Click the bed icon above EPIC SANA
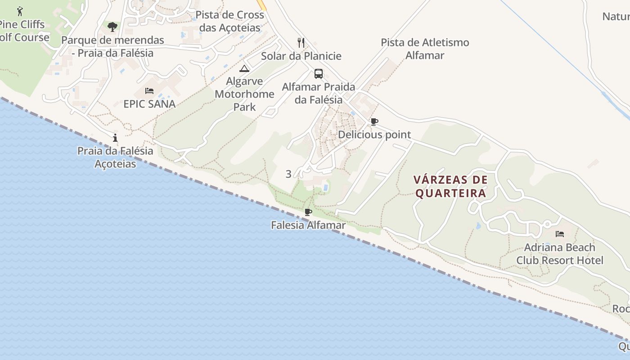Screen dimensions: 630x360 (x=149, y=91)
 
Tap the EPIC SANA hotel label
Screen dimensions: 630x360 (x=149, y=104)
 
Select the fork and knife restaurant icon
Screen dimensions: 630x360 (x=301, y=43)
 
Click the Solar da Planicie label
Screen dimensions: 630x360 (x=301, y=56)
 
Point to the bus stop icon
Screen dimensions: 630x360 (x=319, y=74)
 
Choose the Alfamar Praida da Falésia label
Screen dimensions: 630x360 (x=319, y=93)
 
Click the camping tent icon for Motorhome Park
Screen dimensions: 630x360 (x=244, y=68)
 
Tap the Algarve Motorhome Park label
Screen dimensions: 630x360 (x=244, y=94)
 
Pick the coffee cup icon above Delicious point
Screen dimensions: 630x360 (x=374, y=121)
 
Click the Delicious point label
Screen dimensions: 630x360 (x=374, y=135)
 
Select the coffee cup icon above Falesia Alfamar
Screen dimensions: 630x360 (x=308, y=212)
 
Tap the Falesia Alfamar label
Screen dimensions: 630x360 (x=308, y=225)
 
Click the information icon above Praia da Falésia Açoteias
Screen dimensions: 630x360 (x=116, y=138)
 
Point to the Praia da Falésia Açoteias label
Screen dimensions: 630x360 (x=115, y=157)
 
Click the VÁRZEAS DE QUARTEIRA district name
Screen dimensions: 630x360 (x=450, y=186)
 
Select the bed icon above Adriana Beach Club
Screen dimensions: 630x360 (x=560, y=234)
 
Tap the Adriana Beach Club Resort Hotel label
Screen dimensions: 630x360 (x=560, y=254)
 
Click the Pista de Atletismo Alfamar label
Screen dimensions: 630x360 (x=425, y=49)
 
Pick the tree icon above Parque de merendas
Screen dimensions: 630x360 (x=112, y=27)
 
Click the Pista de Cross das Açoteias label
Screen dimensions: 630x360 (x=230, y=21)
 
